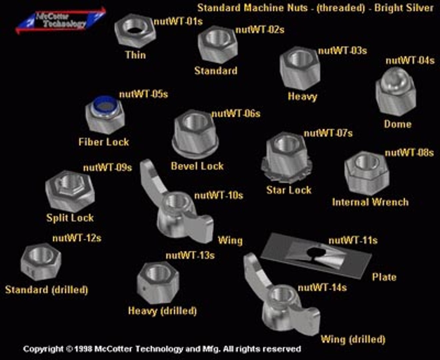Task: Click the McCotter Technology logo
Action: (60, 21)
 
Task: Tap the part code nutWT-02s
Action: (260, 30)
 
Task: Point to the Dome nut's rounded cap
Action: (395, 77)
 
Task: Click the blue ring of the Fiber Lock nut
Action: (104, 103)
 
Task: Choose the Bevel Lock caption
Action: (197, 166)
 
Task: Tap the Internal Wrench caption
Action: (370, 202)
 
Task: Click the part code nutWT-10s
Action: (219, 195)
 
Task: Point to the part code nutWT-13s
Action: (190, 255)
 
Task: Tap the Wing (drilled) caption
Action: (353, 339)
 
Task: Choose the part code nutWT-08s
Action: (409, 153)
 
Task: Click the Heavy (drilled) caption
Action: (162, 311)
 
